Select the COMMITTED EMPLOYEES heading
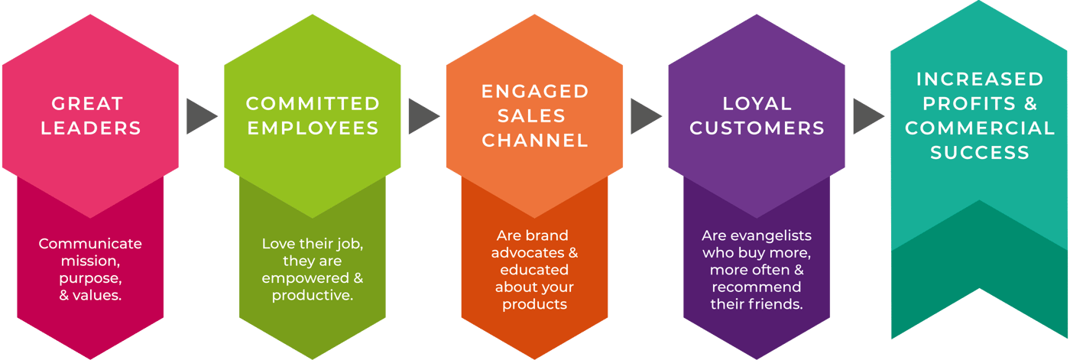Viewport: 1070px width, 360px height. [313, 115]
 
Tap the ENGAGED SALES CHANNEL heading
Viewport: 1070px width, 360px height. [535, 115]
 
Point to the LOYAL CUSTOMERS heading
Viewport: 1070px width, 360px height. [757, 115]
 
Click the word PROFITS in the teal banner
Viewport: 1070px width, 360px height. [962, 103]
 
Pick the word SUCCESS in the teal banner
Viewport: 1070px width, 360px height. [979, 152]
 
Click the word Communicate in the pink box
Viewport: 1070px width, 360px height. [90, 244]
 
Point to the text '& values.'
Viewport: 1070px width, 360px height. [90, 294]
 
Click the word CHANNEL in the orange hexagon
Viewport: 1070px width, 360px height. [535, 140]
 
